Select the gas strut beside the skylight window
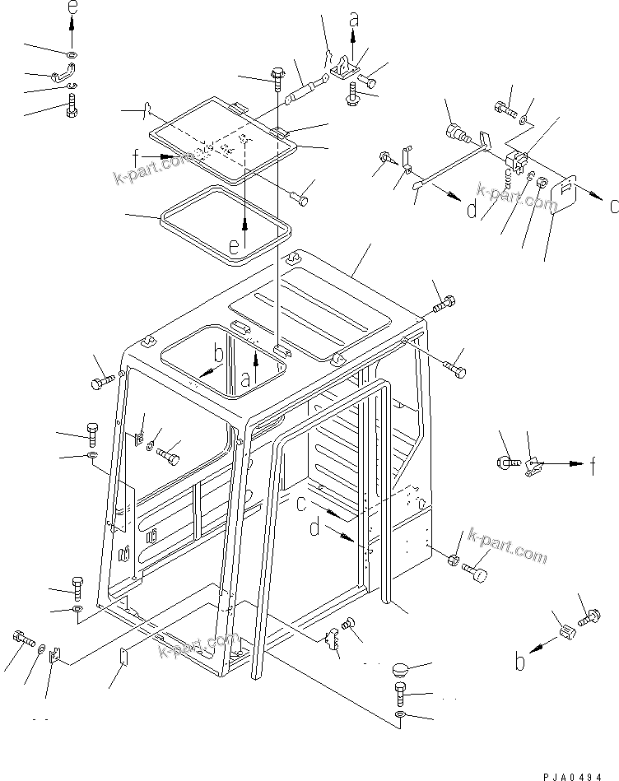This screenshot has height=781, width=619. coord(305,89)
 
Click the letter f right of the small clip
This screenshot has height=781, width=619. coord(593,467)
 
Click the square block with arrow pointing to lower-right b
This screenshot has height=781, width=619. coord(565,632)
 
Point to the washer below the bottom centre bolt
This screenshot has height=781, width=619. coord(399,717)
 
